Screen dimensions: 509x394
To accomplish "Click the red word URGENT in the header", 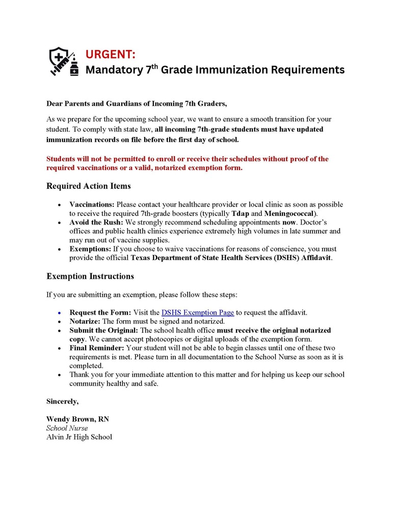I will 114,53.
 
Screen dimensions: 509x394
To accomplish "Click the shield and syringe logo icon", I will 64,62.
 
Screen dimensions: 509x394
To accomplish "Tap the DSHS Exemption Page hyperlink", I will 198,312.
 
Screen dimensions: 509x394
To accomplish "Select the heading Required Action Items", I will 88,186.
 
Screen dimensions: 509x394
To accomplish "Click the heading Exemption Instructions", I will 90,276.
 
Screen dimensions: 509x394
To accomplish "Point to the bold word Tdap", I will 233,213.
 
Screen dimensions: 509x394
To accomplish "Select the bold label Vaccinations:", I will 92,204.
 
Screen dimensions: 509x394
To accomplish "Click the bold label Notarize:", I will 85,321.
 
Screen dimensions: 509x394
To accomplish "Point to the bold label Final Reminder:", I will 96,348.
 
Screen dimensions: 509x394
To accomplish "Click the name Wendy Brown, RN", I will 77,419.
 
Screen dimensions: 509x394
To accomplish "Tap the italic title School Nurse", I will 67,428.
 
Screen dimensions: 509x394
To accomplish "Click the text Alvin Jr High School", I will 79,437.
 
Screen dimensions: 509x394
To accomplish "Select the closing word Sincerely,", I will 63,401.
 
